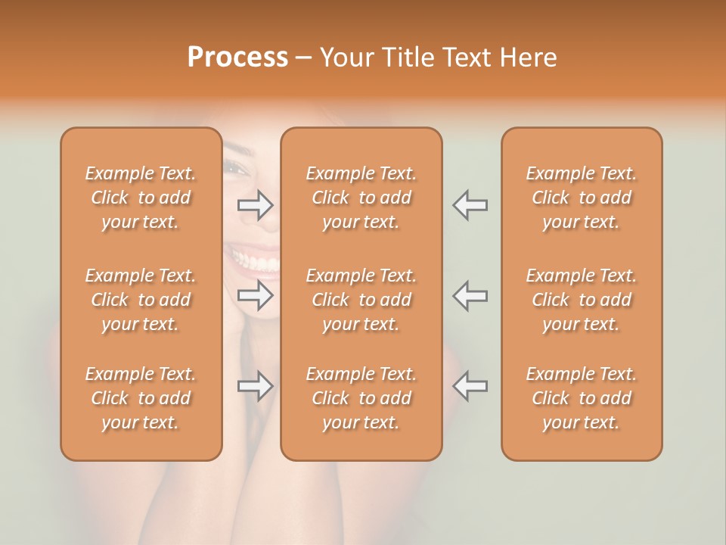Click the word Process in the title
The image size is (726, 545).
(x=237, y=58)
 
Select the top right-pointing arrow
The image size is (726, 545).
(x=256, y=204)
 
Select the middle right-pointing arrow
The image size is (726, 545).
(x=256, y=296)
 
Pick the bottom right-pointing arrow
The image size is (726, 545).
(x=256, y=386)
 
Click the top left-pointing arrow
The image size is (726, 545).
(x=470, y=204)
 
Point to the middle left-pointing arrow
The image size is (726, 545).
(x=470, y=296)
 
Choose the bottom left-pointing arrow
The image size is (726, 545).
(x=470, y=386)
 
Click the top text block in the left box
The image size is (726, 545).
(x=141, y=198)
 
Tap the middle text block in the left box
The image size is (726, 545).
(x=141, y=300)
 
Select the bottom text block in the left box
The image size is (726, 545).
(x=141, y=398)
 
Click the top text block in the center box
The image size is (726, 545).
(x=361, y=198)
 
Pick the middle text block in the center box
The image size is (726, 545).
(x=361, y=300)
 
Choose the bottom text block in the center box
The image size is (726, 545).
(x=361, y=398)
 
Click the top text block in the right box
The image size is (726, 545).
(x=581, y=198)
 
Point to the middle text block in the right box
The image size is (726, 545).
(x=581, y=300)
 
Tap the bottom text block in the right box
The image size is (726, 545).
(x=581, y=398)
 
